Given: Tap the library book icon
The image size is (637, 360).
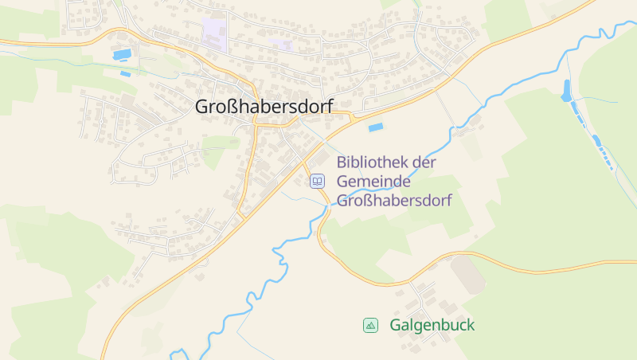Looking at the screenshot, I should click(318, 182).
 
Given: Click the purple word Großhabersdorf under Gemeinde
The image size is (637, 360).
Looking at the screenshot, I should click(394, 201).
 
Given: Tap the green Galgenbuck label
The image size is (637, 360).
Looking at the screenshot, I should click(432, 325).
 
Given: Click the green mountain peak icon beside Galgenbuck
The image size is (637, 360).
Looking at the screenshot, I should click(370, 325).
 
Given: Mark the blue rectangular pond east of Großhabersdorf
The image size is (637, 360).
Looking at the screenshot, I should click(375, 126).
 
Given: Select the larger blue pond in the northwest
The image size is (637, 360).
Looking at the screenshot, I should click(123, 55).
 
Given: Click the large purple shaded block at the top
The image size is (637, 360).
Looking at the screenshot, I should click(214, 33).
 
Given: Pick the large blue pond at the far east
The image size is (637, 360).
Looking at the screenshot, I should click(567, 92).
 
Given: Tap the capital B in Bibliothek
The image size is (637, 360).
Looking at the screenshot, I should click(342, 162).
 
